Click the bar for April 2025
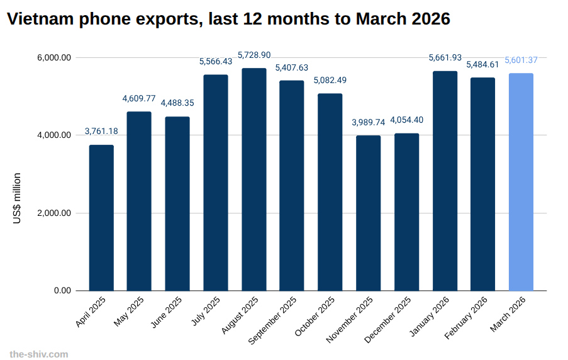click(x=101, y=218)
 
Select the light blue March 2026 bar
click(x=521, y=182)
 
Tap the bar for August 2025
click(x=254, y=179)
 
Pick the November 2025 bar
click(x=369, y=213)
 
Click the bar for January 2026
click(x=445, y=181)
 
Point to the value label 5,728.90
click(x=254, y=55)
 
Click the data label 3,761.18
click(x=101, y=132)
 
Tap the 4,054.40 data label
click(x=407, y=120)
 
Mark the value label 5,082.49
click(x=330, y=81)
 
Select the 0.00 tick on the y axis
click(x=62, y=291)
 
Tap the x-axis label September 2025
click(x=273, y=320)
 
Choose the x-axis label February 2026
click(x=466, y=317)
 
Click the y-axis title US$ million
click(x=17, y=198)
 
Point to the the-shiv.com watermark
click(x=39, y=354)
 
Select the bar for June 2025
click(x=177, y=203)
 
